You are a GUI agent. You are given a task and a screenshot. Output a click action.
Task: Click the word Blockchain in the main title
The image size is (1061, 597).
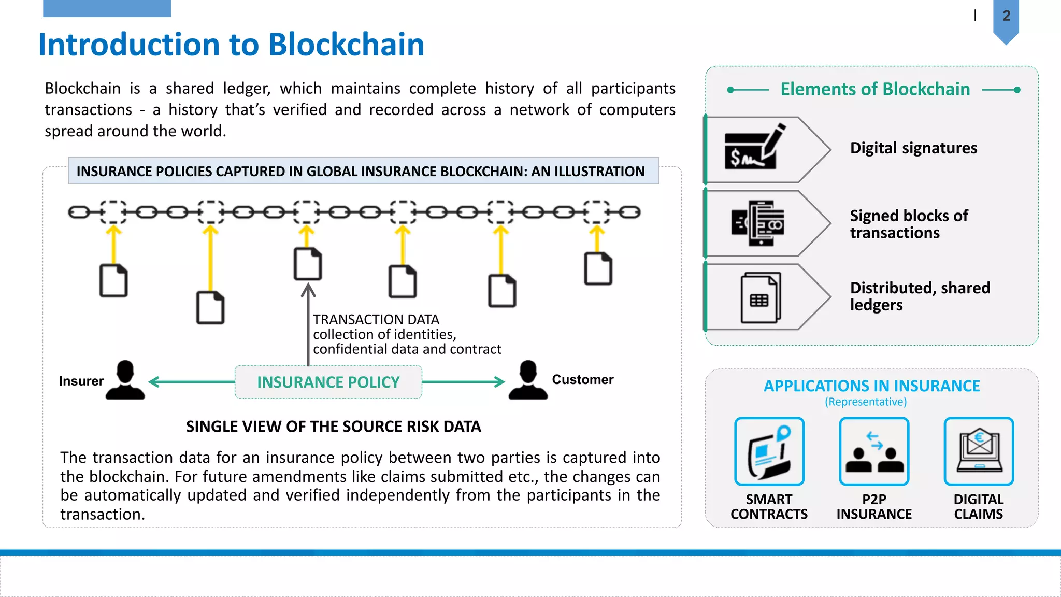coord(346,45)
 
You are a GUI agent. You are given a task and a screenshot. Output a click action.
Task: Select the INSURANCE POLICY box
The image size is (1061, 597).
coord(328,382)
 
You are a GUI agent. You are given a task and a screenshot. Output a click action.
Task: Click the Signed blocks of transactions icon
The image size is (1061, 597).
coord(757,223)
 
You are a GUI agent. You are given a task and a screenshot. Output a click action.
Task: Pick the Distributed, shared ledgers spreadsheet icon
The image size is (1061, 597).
coord(760,297)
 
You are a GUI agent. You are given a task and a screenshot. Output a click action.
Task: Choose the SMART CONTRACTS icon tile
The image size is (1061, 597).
coord(769,451)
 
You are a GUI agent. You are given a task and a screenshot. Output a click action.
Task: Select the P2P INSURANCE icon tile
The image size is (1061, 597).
coord(874,451)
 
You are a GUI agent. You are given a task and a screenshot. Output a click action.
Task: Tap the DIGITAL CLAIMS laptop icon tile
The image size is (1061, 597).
coord(978,451)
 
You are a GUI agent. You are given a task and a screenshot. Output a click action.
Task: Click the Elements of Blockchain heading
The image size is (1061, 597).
coord(875,89)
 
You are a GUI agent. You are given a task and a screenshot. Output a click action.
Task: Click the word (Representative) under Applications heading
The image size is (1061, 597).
coord(866,402)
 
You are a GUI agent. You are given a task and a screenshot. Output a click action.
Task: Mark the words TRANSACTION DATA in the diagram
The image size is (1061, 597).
coord(376,319)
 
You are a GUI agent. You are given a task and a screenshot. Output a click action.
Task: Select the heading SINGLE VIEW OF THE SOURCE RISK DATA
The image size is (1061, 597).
coord(333,427)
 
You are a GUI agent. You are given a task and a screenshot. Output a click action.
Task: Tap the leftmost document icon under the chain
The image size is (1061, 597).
coord(113,280)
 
